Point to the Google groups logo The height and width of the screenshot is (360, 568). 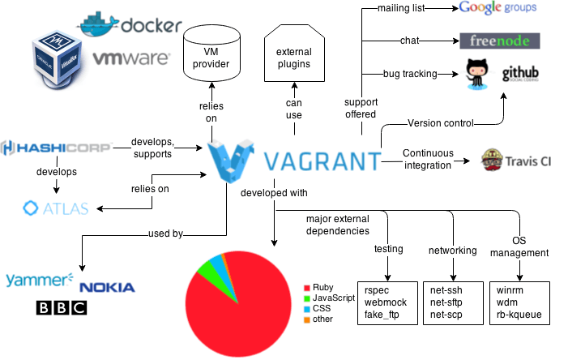(509, 9)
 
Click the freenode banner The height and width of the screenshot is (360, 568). (499, 41)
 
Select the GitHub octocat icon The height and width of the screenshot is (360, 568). (477, 75)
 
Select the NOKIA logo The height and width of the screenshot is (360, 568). (107, 288)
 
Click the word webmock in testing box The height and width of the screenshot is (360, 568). (384, 302)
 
